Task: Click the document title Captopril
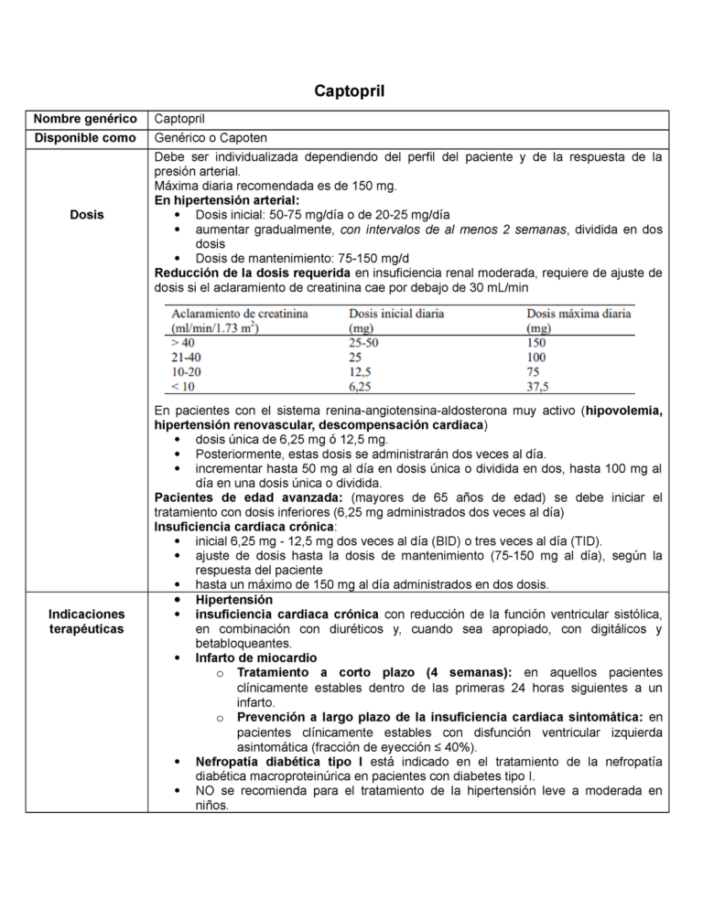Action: coord(351,91)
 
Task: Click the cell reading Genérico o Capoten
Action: coord(211,138)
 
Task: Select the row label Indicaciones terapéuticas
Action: coord(87,622)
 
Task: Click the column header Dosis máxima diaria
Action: coord(579,314)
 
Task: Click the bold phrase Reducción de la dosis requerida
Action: coord(253,273)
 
